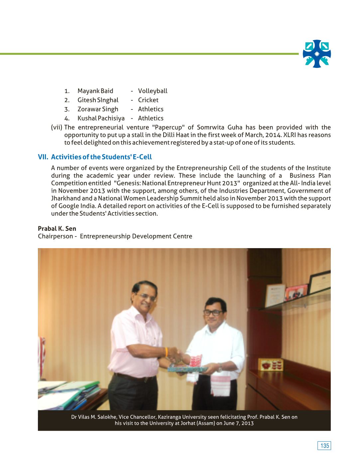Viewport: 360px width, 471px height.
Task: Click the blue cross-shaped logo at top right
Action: [317, 54]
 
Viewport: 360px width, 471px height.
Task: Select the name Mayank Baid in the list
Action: [95, 91]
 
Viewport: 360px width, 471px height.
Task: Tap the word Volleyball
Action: [153, 91]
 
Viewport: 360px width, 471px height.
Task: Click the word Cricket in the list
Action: [148, 100]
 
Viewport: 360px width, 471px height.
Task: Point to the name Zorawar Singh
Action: [98, 109]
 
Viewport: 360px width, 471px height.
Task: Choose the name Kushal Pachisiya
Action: [101, 118]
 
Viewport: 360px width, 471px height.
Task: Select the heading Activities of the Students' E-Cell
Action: [101, 157]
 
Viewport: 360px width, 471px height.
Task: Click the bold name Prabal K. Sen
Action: [57, 229]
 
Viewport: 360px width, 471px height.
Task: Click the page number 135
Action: [324, 446]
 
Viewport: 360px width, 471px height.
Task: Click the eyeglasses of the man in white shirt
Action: [213, 312]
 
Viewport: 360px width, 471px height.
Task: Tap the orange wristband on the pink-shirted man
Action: [166, 352]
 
